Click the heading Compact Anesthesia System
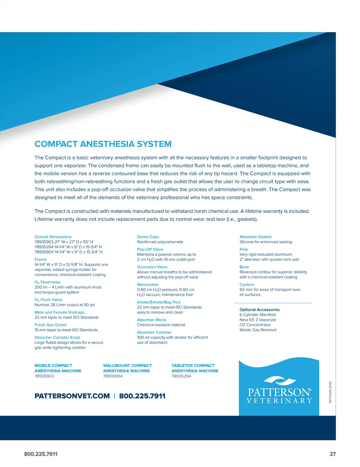tap(103, 144)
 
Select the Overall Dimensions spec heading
tap(53, 237)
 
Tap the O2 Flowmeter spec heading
tap(47, 282)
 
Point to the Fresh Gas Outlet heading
tap(50, 325)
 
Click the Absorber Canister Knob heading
tap(57, 337)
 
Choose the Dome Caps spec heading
tap(148, 237)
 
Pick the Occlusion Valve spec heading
tap(152, 267)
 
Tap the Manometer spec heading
tap(148, 284)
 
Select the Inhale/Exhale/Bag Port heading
tap(159, 302)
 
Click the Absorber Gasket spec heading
tap(255, 237)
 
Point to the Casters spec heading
tap(247, 284)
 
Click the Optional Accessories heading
tap(259, 310)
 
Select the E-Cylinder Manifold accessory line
tap(257, 315)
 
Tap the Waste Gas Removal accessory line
tap(258, 330)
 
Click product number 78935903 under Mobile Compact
tap(44, 376)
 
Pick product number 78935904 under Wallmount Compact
tap(113, 376)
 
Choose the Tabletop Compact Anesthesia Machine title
tap(195, 368)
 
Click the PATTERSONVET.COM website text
tap(72, 396)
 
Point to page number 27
tap(332, 454)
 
